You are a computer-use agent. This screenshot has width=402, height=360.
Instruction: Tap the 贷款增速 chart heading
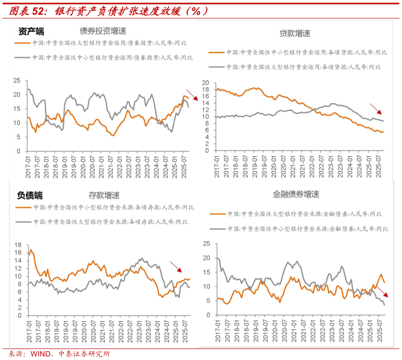[x=294, y=33]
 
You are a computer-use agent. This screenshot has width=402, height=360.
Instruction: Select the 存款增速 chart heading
[x=104, y=195]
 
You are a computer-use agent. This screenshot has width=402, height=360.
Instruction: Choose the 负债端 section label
[x=30, y=195]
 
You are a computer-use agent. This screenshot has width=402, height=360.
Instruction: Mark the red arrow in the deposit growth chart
[x=176, y=267]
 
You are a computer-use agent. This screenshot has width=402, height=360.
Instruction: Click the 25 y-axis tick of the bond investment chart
[x=16, y=80]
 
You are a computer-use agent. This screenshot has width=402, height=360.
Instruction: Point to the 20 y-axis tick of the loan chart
[x=205, y=82]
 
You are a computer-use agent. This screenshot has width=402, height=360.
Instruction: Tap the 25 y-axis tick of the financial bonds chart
[x=205, y=243]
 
